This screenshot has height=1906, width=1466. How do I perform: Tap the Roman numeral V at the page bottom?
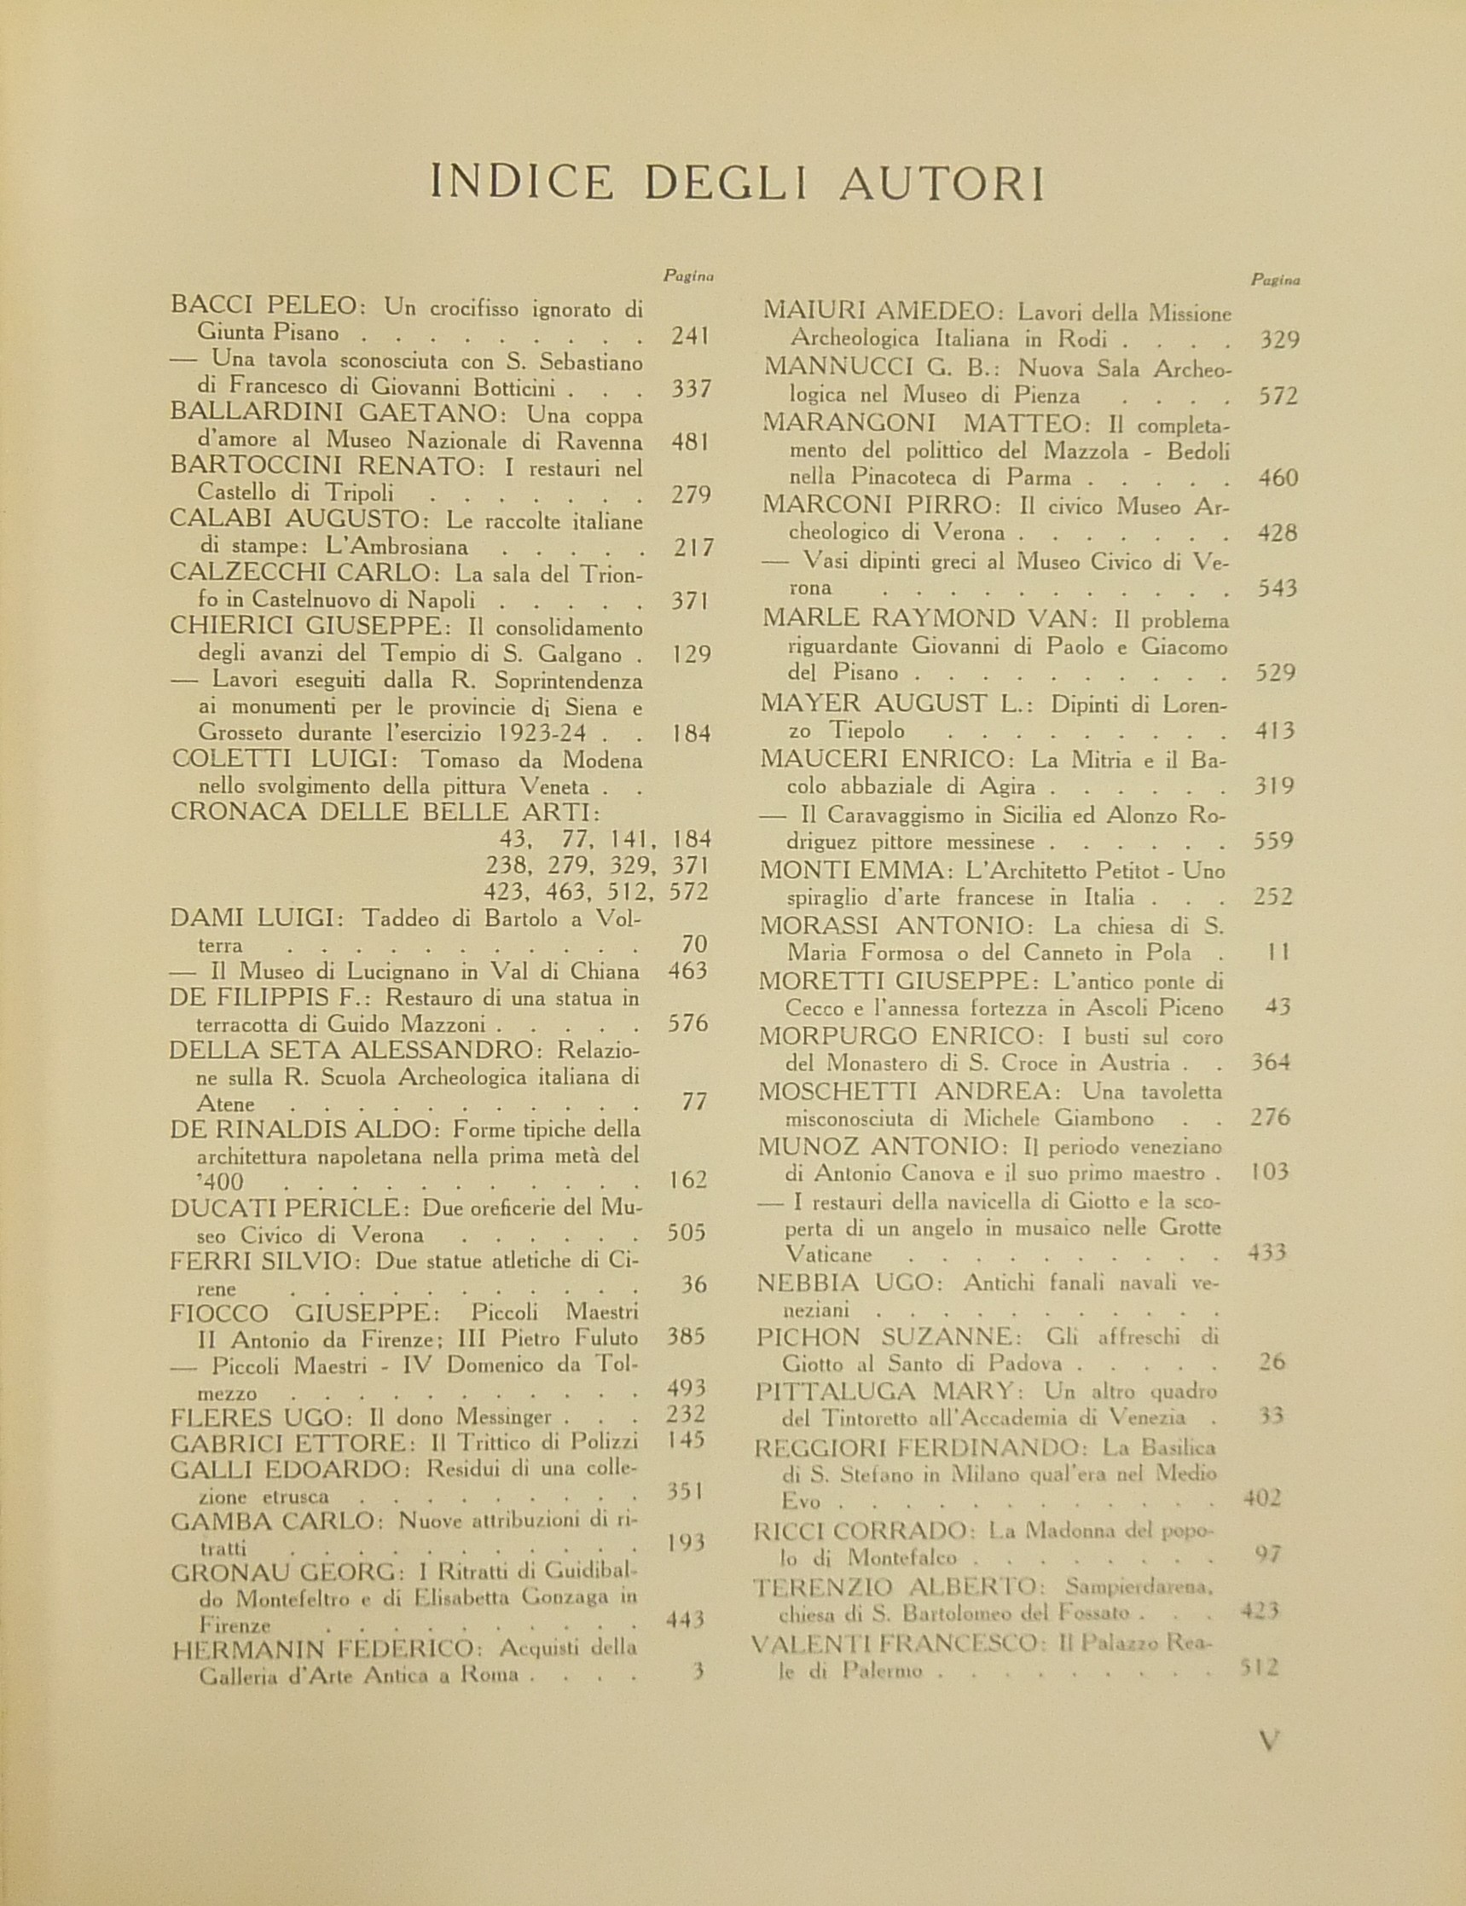tap(1270, 1741)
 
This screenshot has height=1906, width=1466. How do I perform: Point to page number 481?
tap(690, 442)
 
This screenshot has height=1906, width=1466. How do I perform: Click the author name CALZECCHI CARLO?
tap(299, 574)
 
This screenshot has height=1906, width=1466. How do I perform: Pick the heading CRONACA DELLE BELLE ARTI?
tap(385, 812)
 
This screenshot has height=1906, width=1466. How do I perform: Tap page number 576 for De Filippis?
tap(687, 1023)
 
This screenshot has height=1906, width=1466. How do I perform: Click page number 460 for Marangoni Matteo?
tap(1278, 478)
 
